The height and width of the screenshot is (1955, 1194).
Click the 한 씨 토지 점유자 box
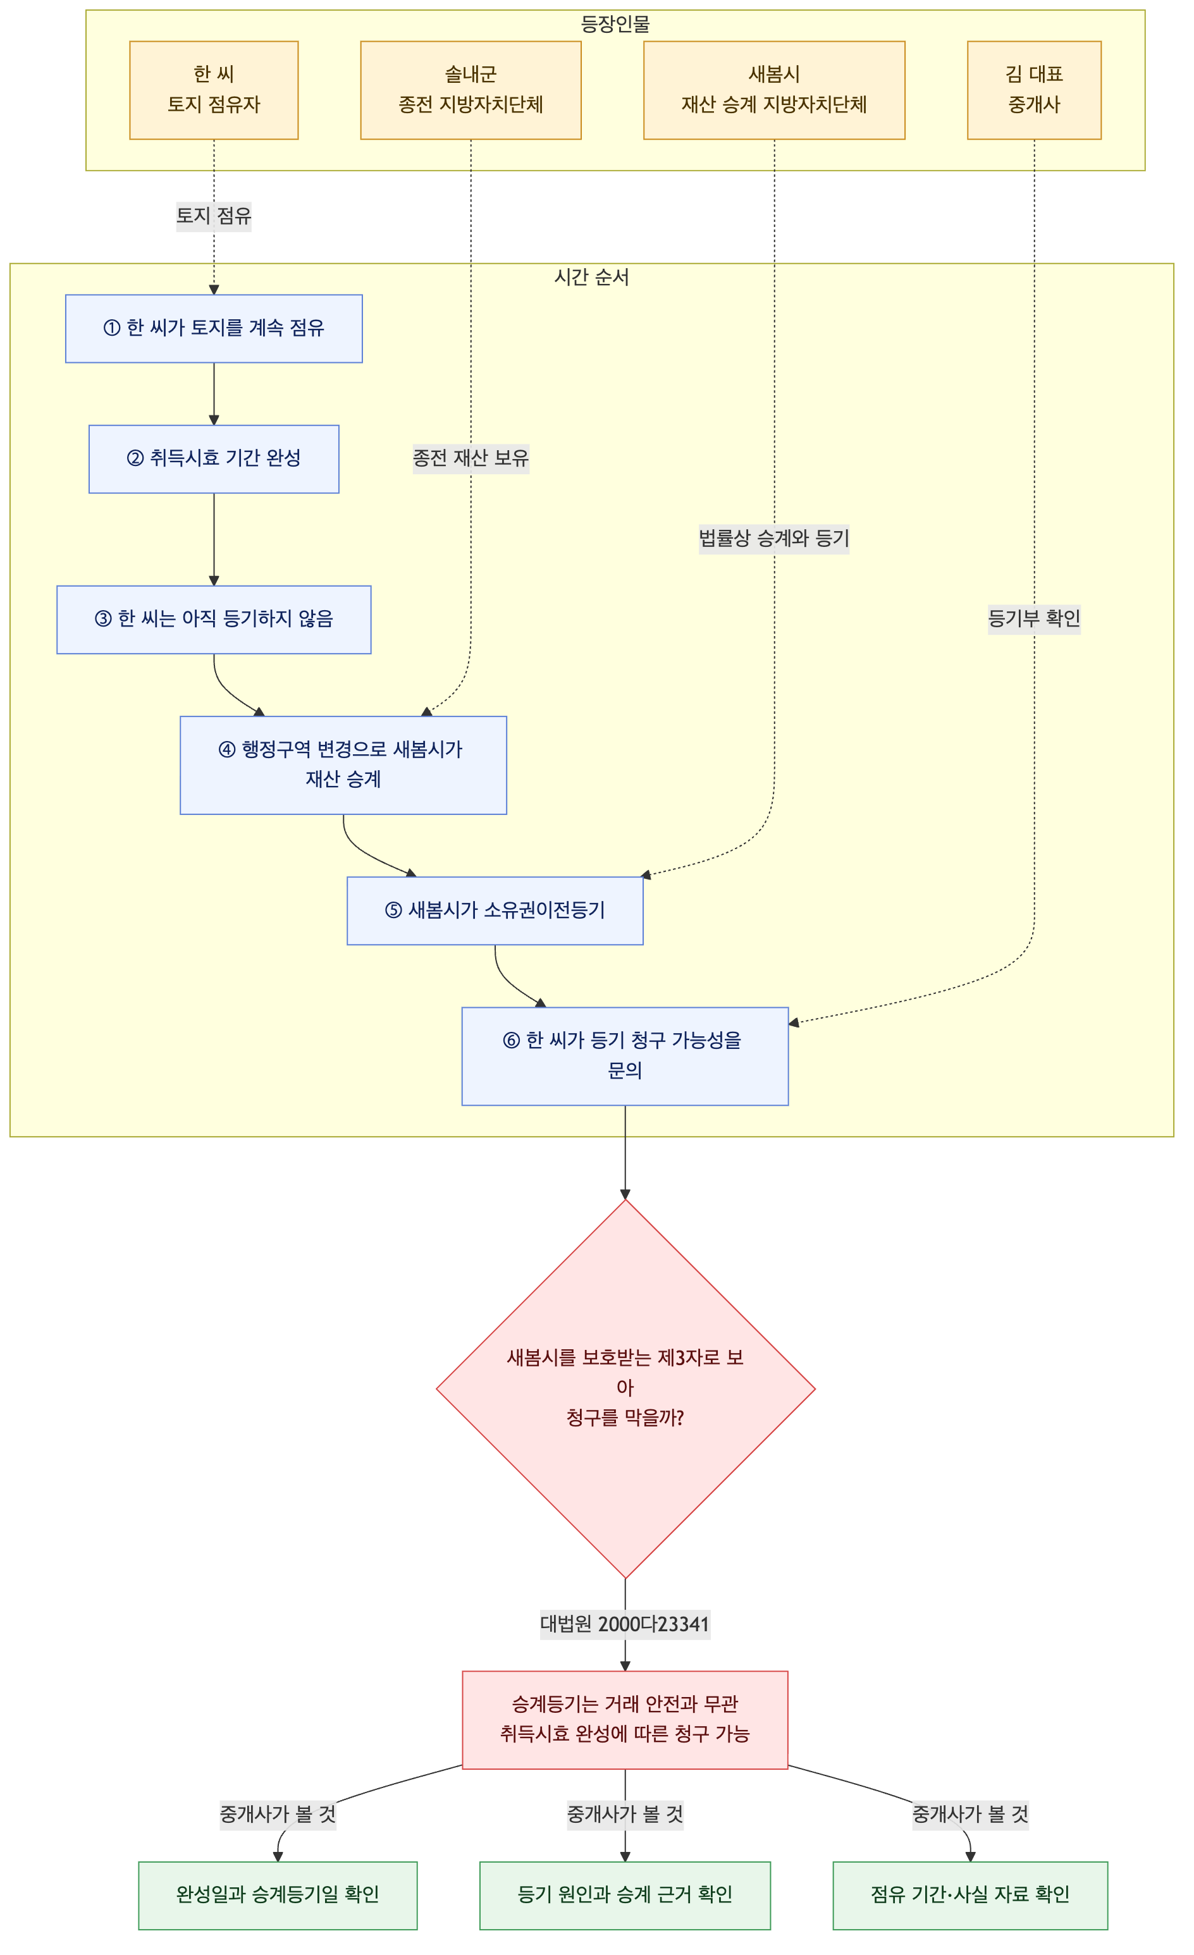(x=214, y=90)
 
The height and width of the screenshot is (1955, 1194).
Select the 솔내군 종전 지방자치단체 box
(x=471, y=90)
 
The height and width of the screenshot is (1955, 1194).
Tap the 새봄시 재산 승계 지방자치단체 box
(x=774, y=90)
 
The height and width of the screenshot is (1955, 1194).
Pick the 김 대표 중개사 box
(x=1035, y=90)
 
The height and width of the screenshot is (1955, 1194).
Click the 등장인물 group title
(x=615, y=25)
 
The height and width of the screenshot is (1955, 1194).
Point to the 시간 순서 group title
(x=592, y=277)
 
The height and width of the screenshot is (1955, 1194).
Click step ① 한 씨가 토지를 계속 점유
(x=214, y=329)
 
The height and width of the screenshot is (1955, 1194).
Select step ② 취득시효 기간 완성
(x=214, y=458)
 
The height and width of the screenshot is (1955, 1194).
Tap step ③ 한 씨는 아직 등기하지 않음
(x=214, y=620)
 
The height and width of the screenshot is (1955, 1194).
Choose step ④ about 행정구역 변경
(x=343, y=765)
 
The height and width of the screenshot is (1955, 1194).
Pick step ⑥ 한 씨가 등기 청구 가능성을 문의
(x=625, y=1056)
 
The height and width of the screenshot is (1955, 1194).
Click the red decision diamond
(x=626, y=1388)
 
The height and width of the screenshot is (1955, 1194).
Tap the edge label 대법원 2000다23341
(x=625, y=1624)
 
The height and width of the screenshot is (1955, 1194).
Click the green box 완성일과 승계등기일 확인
(x=278, y=1896)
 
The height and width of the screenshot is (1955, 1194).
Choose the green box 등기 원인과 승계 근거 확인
(x=625, y=1896)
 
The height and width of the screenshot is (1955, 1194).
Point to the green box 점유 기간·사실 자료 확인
(x=970, y=1896)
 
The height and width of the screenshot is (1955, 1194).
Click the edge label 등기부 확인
(x=1035, y=619)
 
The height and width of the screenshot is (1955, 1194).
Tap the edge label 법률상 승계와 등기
(x=774, y=539)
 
